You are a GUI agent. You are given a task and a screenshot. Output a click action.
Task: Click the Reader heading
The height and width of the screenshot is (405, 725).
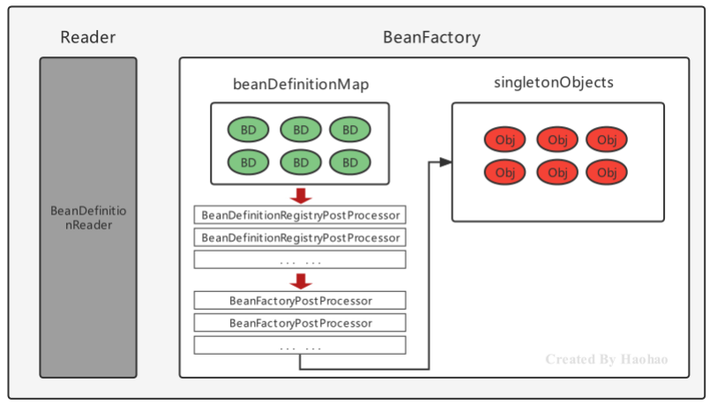point(88,37)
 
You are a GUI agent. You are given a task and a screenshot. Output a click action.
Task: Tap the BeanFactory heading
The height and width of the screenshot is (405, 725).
point(431,37)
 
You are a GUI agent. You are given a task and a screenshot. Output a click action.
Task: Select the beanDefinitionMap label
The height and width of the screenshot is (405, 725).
point(301,84)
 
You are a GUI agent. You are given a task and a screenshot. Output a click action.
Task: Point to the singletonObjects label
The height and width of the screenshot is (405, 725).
point(554,82)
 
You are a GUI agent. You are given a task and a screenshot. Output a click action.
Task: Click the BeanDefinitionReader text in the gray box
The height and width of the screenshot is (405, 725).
point(88,218)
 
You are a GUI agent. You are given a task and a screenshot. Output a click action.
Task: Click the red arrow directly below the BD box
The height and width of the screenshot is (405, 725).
point(301,196)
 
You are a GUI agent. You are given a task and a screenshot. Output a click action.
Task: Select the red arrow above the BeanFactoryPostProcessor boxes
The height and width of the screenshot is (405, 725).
point(301,281)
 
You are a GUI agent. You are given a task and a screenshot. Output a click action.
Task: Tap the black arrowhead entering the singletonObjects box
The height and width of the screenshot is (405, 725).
point(445,161)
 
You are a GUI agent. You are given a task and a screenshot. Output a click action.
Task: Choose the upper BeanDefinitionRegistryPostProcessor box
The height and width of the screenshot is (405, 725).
point(300,215)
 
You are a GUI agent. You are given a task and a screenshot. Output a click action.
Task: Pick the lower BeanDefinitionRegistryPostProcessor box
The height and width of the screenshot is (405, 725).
point(300,237)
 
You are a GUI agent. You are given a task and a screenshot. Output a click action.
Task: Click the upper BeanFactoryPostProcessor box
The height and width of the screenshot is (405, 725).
point(300,301)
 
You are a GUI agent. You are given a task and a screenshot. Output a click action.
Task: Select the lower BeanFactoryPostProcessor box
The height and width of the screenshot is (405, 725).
point(300,323)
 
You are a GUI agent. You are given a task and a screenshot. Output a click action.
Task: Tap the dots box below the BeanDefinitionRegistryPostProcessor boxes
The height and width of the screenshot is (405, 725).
point(300,259)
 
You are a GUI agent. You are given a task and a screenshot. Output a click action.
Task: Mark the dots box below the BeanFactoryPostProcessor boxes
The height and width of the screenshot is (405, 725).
point(300,345)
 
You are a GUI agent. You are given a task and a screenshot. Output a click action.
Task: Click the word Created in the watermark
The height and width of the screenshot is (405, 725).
point(570,359)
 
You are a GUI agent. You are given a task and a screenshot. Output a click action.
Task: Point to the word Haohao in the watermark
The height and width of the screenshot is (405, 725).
point(645,359)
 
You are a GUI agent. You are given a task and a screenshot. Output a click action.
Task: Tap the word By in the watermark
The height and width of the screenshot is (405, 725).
point(608,360)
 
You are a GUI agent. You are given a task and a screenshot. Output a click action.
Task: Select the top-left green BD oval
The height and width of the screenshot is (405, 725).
point(249,130)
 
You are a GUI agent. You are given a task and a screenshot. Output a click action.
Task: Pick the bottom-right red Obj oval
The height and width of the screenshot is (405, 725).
point(607,172)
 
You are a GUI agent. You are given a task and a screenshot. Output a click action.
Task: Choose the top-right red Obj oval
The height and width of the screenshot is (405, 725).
point(607,139)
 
